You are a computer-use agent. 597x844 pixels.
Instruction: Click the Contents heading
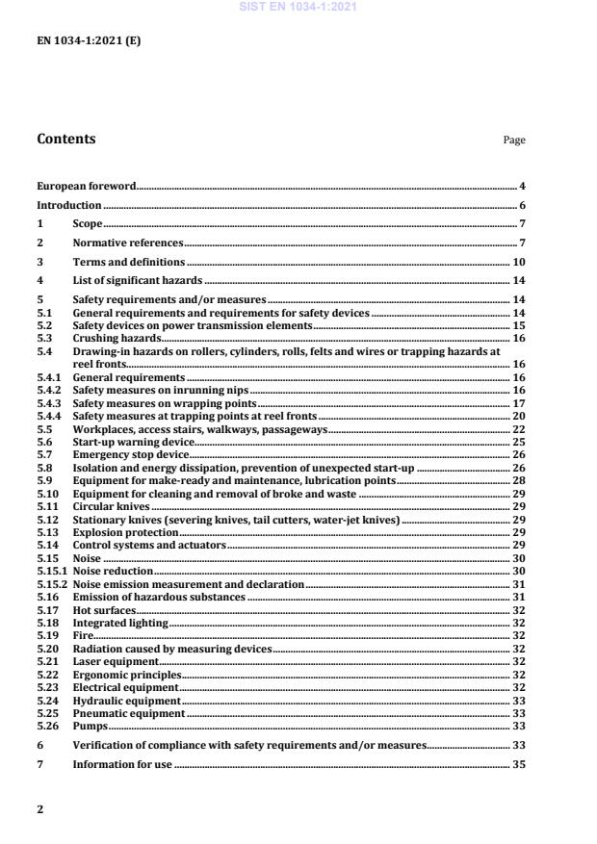pyautogui.click(x=65, y=139)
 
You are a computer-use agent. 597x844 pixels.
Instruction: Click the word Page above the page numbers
pyautogui.click(x=514, y=141)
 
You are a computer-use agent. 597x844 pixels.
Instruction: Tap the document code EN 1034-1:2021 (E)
pyautogui.click(x=75, y=40)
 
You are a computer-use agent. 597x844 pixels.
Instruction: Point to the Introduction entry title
pyautogui.click(x=68, y=205)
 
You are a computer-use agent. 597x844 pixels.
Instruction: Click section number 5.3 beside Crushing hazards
pyautogui.click(x=43, y=339)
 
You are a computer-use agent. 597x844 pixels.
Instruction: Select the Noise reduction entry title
pyautogui.click(x=114, y=571)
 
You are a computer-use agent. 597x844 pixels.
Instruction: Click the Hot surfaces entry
pyautogui.click(x=105, y=610)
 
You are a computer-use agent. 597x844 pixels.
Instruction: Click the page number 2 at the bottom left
pyautogui.click(x=39, y=809)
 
